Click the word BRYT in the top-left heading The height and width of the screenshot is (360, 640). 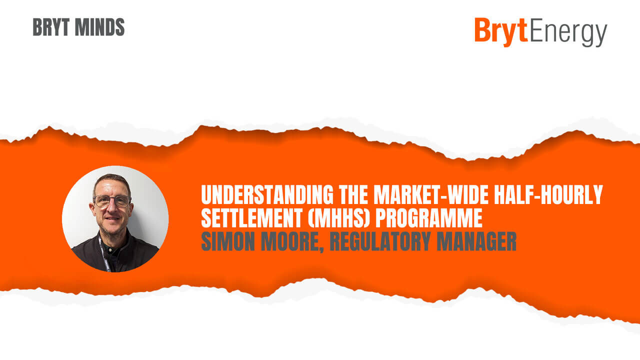[51, 27]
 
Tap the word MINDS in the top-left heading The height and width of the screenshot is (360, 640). [99, 27]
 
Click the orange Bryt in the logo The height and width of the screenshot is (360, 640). [501, 31]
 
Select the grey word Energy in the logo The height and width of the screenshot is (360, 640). [568, 32]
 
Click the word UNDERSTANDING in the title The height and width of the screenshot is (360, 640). [267, 195]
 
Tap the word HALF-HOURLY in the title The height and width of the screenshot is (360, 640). [548, 195]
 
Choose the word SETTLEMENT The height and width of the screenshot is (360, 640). [252, 217]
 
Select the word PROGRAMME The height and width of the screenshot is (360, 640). [429, 217]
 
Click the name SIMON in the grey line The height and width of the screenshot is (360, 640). [228, 241]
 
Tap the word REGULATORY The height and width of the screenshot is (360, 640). [380, 241]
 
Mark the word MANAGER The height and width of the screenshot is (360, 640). [476, 241]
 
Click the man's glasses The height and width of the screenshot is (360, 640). [112, 201]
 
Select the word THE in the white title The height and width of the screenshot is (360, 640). [353, 195]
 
